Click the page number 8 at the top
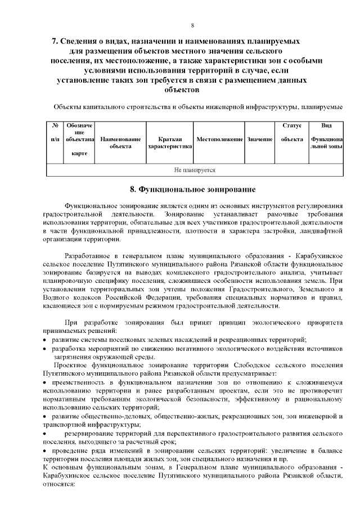click(192, 25)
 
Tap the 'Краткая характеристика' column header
click(169, 142)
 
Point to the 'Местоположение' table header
click(219, 138)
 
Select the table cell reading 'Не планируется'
click(195, 169)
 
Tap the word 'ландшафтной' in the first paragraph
click(322, 230)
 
